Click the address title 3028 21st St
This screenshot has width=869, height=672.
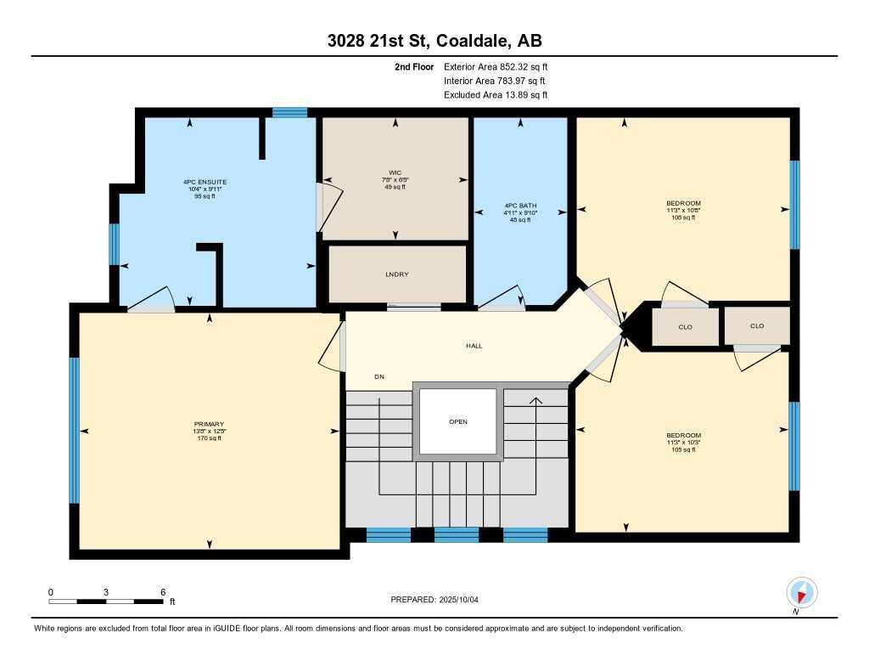(x=434, y=41)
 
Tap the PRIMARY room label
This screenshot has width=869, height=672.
(x=210, y=424)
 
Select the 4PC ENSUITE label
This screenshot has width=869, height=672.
(x=205, y=182)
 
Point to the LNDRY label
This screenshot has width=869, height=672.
(x=397, y=274)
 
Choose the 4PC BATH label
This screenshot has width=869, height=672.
(x=520, y=206)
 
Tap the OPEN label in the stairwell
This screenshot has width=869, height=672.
(x=458, y=421)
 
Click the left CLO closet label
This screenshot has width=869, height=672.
(x=686, y=326)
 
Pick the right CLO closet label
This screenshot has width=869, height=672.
(x=757, y=325)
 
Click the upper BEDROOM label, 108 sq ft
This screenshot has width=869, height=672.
(x=683, y=203)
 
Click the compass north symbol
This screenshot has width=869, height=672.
(x=801, y=591)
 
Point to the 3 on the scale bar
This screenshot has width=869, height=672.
(x=106, y=591)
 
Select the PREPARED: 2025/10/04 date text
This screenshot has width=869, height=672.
(x=434, y=600)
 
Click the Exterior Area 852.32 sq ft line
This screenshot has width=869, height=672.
(x=501, y=66)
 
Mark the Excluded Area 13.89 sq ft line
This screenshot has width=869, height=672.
(x=496, y=95)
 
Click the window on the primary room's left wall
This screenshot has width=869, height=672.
(x=75, y=430)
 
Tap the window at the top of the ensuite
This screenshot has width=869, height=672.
(x=289, y=112)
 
